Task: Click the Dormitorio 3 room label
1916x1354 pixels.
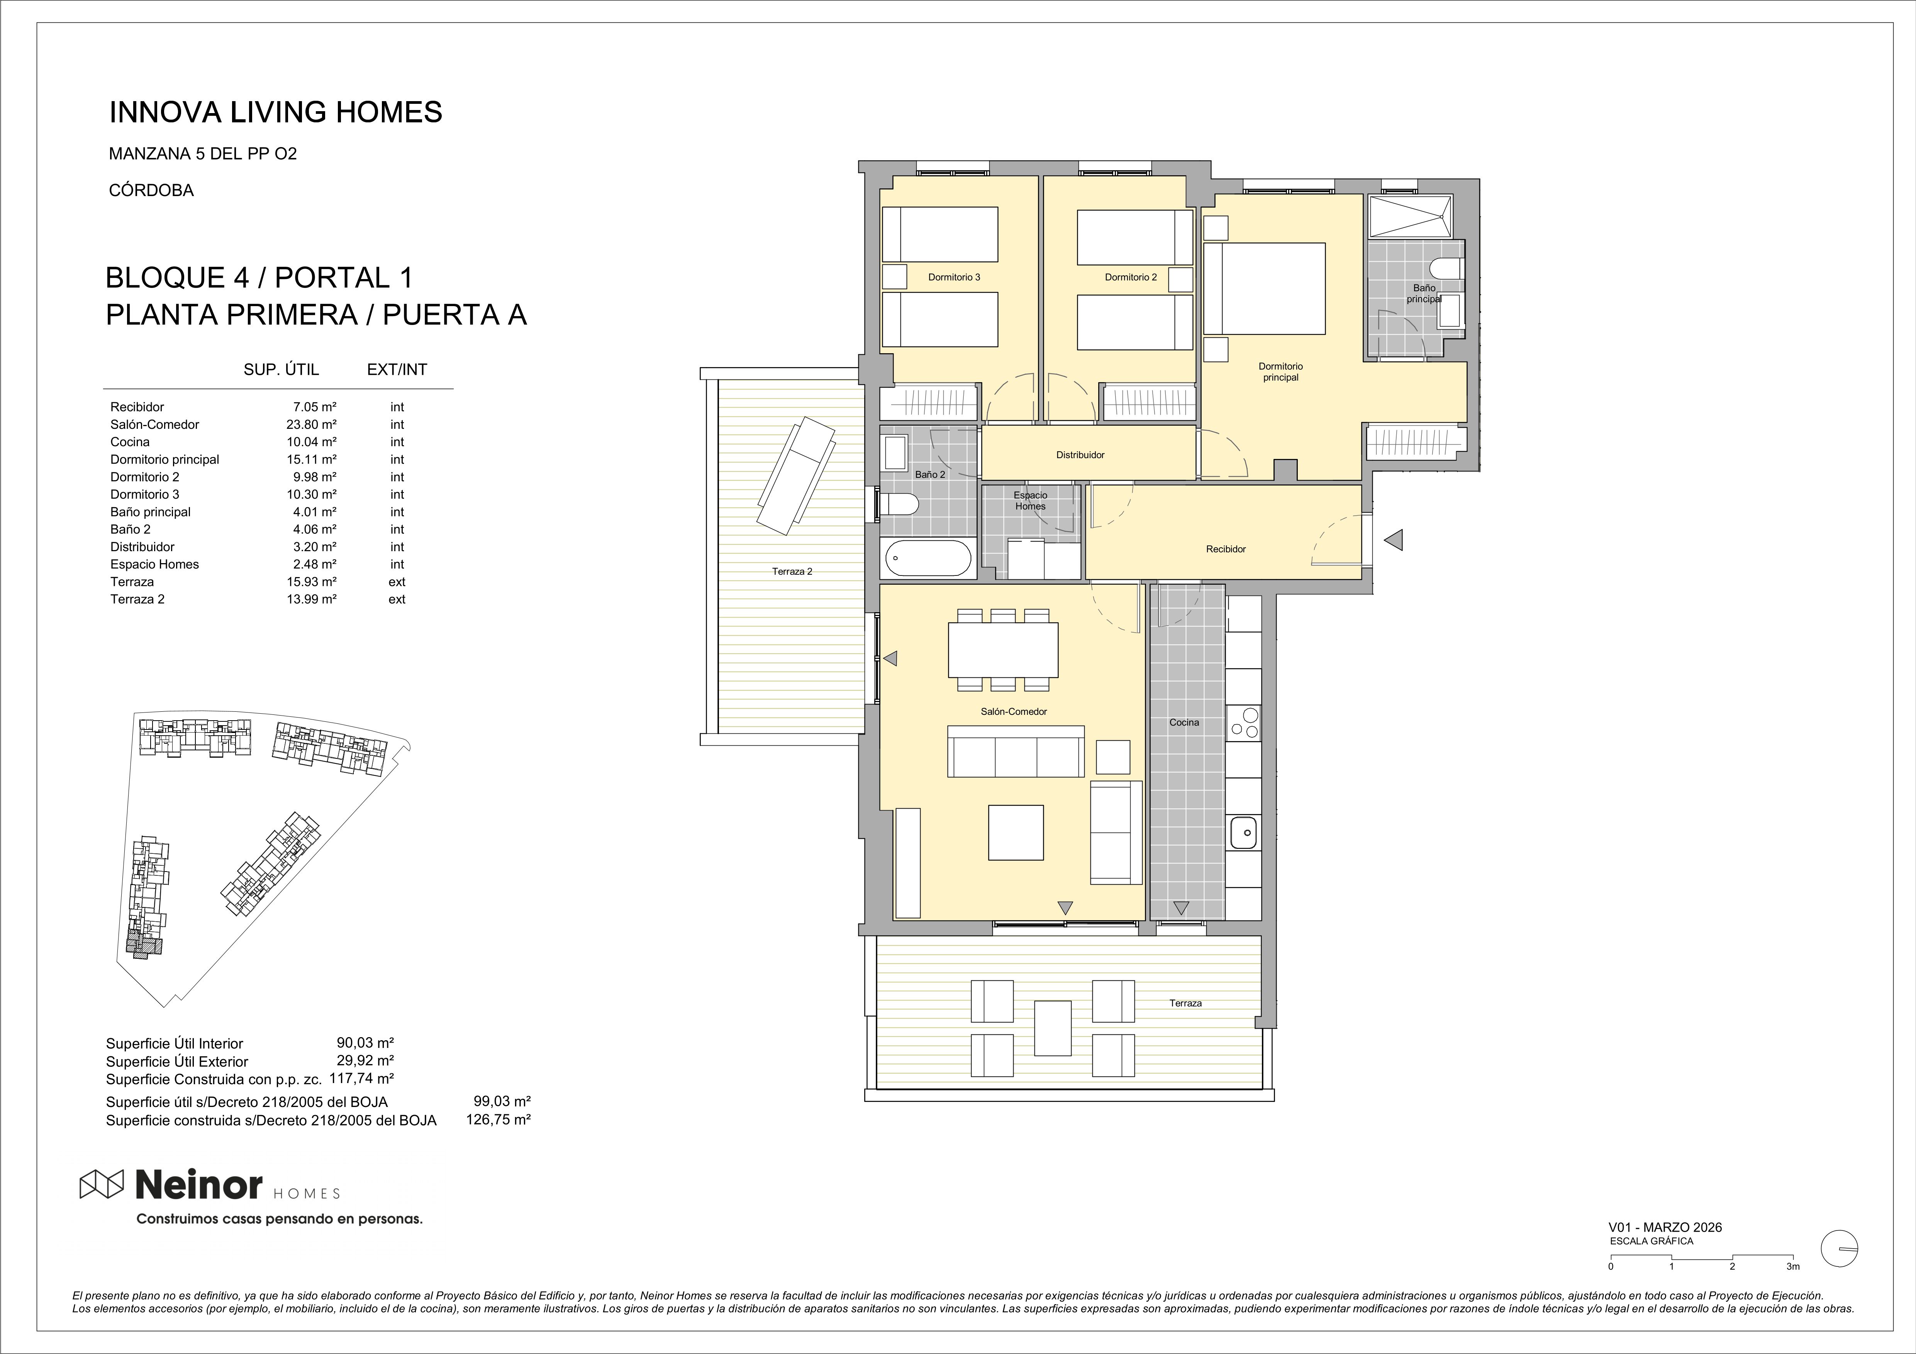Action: (x=954, y=277)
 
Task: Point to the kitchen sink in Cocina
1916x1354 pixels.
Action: (x=1244, y=832)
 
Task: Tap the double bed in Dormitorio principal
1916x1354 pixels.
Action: (x=1265, y=289)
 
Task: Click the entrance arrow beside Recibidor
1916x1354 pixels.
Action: (x=1393, y=541)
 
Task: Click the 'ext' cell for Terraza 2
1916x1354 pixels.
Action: (x=397, y=599)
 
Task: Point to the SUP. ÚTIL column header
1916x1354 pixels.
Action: (x=281, y=370)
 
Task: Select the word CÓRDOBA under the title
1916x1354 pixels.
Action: (x=151, y=190)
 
